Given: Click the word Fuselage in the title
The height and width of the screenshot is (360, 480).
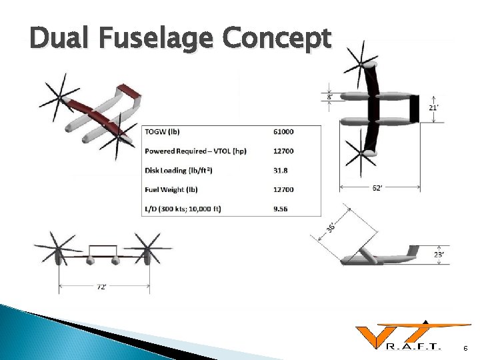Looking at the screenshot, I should point(156,39).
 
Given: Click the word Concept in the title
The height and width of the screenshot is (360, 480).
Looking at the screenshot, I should point(276,39).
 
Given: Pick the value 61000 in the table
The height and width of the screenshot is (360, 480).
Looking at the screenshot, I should point(283,131).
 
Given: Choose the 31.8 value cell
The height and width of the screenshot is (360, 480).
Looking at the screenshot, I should point(281,170).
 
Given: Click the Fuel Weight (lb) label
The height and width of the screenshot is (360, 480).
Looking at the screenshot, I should point(171,189).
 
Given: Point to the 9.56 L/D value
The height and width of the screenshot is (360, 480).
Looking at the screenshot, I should point(281,209).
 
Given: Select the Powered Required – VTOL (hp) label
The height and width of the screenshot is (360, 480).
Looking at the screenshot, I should point(195,151).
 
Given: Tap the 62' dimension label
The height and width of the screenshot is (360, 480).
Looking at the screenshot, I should point(377,188).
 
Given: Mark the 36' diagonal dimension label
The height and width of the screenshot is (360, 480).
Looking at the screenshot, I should point(331,227).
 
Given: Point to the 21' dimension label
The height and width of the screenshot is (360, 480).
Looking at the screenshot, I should point(433,107).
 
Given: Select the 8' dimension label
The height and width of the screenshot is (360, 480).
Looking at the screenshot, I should point(331,97).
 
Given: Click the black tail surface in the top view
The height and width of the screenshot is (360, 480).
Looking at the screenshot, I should point(415,108).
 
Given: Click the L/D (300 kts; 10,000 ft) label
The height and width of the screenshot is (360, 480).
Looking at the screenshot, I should point(183,209).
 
